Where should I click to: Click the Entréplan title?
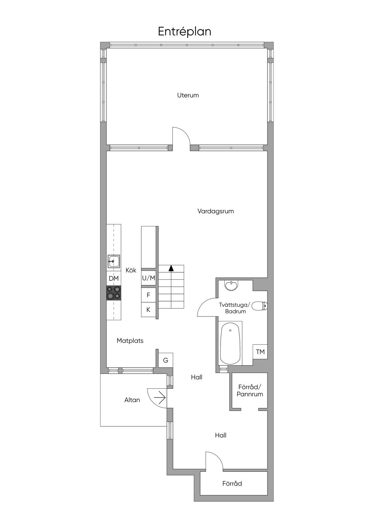click(x=184, y=32)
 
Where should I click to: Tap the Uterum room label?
click(x=188, y=95)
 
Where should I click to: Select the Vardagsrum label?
click(x=215, y=211)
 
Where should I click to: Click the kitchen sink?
click(x=114, y=261)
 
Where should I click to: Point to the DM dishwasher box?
click(x=114, y=278)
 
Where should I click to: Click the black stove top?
click(x=114, y=293)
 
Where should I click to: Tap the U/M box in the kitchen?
click(x=149, y=278)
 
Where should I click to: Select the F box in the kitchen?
click(x=149, y=295)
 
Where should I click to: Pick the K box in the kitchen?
click(x=149, y=310)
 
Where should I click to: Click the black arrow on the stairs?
click(x=171, y=268)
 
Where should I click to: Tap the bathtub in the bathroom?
click(x=230, y=344)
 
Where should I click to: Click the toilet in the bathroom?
click(x=259, y=306)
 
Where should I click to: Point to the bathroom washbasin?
click(x=232, y=286)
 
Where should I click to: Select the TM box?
click(x=260, y=352)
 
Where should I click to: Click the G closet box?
click(x=166, y=360)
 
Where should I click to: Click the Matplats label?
click(x=130, y=341)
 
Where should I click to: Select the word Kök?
click(x=131, y=270)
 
